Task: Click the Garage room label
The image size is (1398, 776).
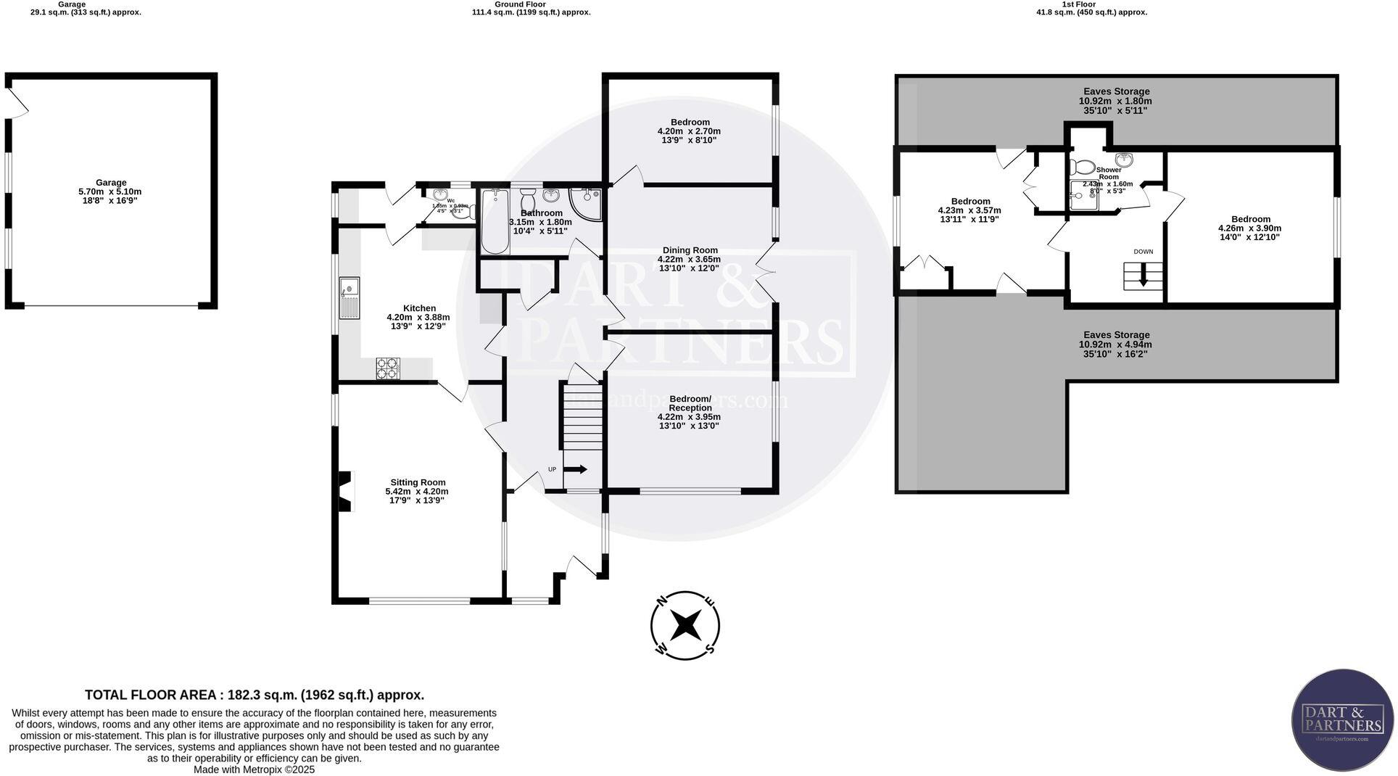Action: (111, 183)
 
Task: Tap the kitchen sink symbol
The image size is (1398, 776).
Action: (349, 297)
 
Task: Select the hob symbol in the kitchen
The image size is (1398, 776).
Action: (388, 368)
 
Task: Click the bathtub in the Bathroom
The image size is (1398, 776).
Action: (495, 220)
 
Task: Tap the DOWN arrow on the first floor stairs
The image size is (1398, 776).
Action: (1143, 275)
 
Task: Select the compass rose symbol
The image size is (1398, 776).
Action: (684, 625)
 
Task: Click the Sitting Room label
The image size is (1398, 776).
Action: (418, 482)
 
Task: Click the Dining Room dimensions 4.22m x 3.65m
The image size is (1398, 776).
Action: (689, 259)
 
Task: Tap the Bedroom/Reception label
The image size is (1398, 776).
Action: (690, 403)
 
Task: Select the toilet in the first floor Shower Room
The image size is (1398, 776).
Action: (1084, 168)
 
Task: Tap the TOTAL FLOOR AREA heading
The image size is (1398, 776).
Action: (255, 695)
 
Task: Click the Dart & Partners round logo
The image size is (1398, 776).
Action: (1342, 719)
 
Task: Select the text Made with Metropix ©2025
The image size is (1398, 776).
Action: (254, 769)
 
